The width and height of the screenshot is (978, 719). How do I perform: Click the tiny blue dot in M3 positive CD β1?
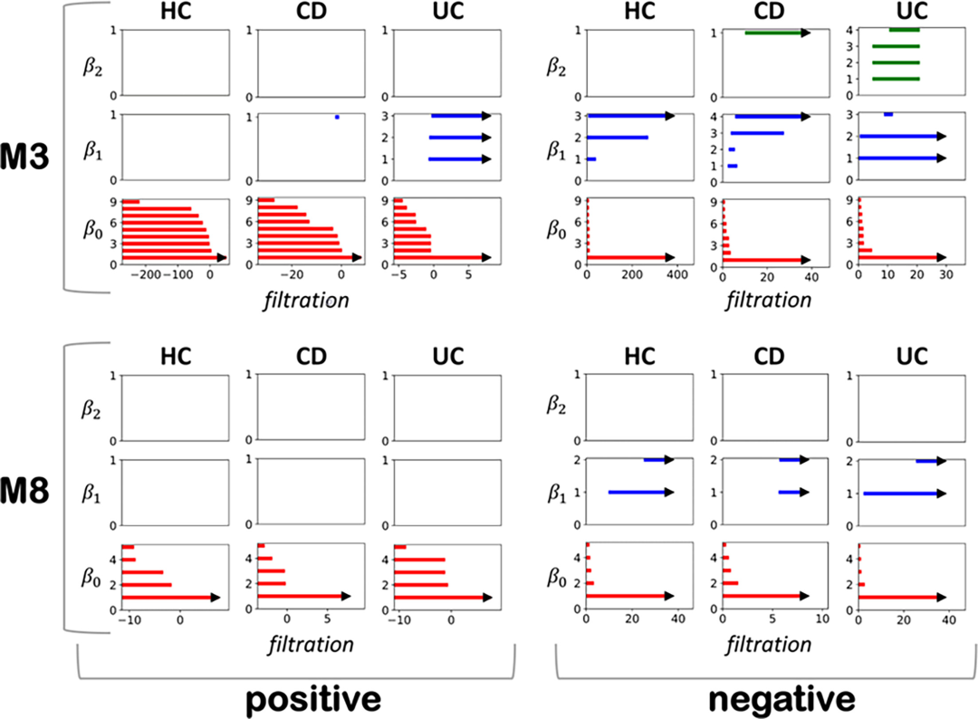(x=337, y=117)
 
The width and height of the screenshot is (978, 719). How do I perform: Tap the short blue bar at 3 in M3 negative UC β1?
(x=888, y=114)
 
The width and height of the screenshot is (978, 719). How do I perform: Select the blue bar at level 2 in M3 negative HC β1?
(x=618, y=137)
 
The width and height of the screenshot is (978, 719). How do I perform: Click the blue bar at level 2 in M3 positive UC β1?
(x=458, y=138)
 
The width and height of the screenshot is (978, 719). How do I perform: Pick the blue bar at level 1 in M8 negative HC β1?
(x=639, y=493)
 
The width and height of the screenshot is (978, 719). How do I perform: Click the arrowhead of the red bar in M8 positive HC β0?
(x=216, y=597)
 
